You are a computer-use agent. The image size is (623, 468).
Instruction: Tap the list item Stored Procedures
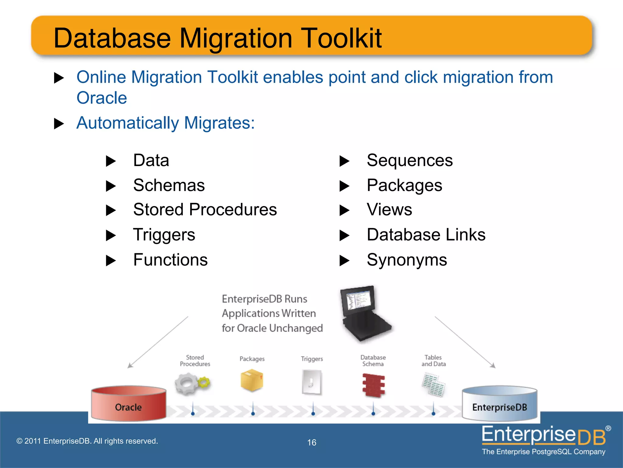[x=205, y=210]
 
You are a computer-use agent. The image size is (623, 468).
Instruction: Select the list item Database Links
[x=426, y=235]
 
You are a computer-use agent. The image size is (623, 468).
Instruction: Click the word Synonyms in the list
[x=407, y=260]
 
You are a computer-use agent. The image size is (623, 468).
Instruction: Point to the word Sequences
[x=409, y=160]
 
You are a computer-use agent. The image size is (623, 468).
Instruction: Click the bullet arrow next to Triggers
[x=111, y=236]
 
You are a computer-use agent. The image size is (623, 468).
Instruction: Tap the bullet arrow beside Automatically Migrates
[x=59, y=124]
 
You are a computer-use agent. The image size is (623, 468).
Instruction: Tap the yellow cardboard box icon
[x=252, y=380]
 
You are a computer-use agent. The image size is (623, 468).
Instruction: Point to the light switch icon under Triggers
[x=312, y=382]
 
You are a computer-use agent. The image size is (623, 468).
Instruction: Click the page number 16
[x=311, y=442]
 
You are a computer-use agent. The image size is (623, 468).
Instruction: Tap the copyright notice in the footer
[x=87, y=441]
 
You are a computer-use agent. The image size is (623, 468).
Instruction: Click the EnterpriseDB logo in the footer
[x=545, y=440]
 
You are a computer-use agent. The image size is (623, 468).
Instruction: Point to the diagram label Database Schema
[x=373, y=360]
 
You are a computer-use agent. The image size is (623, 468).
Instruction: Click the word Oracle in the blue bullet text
[x=102, y=98]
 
